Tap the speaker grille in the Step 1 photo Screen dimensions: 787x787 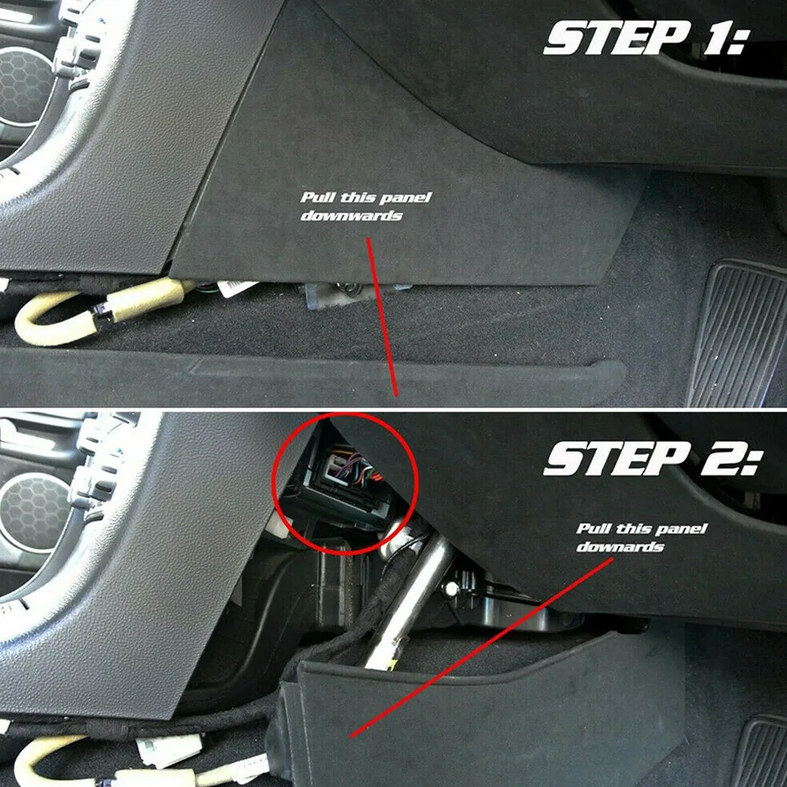tap(24, 87)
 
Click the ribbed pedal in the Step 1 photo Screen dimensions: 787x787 tap(744, 331)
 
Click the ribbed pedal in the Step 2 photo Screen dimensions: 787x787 tap(759, 752)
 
